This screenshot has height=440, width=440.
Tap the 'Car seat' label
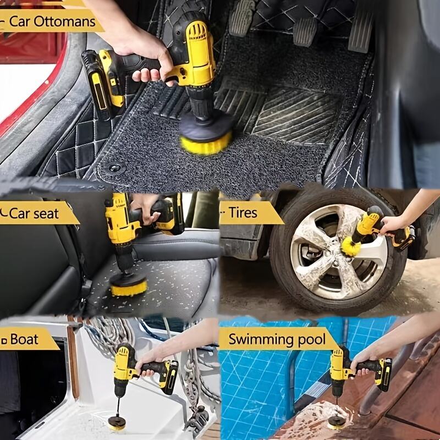pyautogui.click(x=41, y=213)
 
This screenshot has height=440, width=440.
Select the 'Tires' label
pyautogui.click(x=243, y=212)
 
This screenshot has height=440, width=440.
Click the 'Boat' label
pyautogui.click(x=24, y=339)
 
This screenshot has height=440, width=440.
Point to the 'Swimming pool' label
pyautogui.click(x=277, y=338)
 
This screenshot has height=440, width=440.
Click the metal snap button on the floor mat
pyautogui.click(x=114, y=168)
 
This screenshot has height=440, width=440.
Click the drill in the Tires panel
pyautogui.click(x=385, y=226)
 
